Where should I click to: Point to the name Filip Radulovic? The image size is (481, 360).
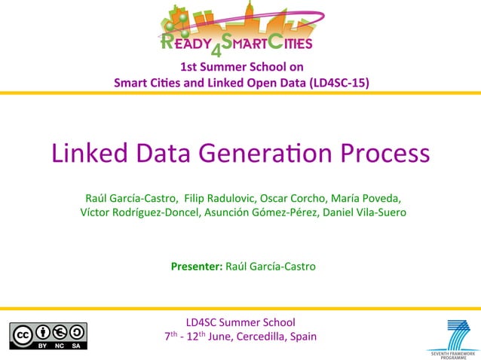coord(221,198)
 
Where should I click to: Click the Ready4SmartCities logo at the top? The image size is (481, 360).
coord(240,29)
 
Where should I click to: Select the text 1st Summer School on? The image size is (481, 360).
coord(240,66)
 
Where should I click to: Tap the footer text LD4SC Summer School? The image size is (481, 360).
coord(240,322)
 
